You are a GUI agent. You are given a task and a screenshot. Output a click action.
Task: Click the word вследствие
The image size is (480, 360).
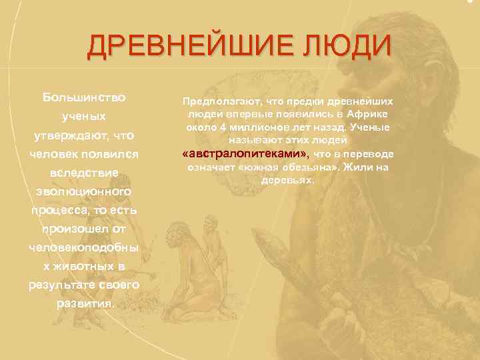click(84, 173)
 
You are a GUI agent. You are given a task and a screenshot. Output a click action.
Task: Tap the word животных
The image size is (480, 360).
click(87, 266)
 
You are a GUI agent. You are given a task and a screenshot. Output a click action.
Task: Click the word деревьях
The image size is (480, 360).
click(287, 181)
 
